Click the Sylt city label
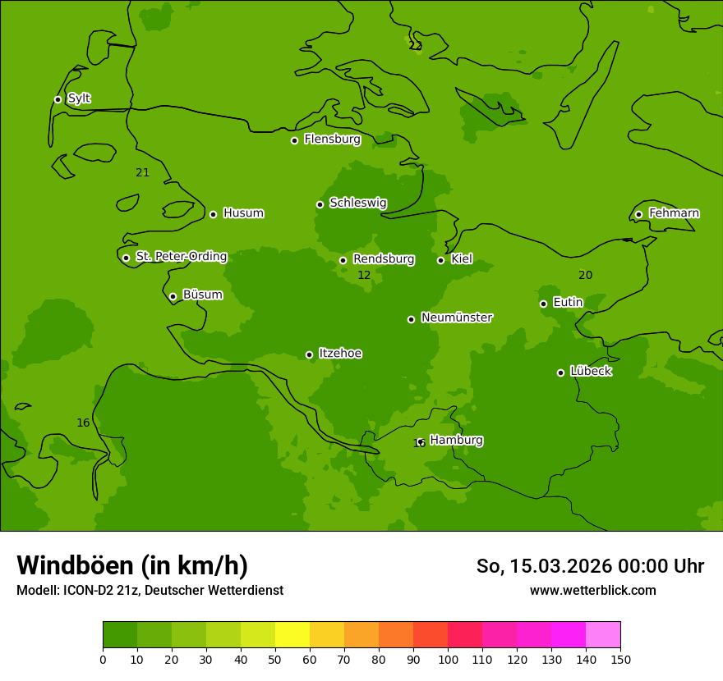(x=79, y=98)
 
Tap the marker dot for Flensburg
(x=294, y=140)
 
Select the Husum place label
(x=243, y=213)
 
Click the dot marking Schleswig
(x=320, y=204)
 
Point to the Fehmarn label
(x=674, y=213)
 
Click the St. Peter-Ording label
(x=181, y=257)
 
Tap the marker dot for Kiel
(x=440, y=260)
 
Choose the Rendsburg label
(x=384, y=259)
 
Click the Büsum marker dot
(x=173, y=296)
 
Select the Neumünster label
(x=457, y=318)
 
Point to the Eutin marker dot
(x=543, y=304)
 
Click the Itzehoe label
(x=340, y=354)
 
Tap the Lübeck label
(x=591, y=371)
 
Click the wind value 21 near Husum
(x=143, y=172)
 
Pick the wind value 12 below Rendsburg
(x=364, y=276)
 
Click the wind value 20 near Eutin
(x=585, y=275)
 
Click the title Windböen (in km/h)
(x=132, y=565)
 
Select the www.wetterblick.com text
(x=592, y=590)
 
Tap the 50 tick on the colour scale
(x=275, y=659)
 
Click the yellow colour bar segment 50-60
(x=292, y=635)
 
